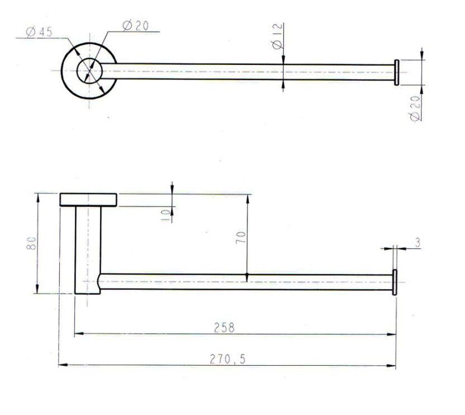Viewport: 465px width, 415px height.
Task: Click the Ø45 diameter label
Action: coord(39,32)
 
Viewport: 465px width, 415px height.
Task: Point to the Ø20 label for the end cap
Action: coord(415,109)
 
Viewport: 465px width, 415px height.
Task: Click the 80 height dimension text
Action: coord(32,243)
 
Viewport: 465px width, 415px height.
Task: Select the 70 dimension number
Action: coord(240,238)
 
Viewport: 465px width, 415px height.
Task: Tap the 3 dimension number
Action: coord(417,242)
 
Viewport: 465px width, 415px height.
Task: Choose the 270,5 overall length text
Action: coord(227,359)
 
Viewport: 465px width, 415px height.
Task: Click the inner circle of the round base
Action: coord(88,71)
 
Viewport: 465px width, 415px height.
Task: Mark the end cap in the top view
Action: coord(396,72)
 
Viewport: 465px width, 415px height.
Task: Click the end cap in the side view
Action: coord(395,282)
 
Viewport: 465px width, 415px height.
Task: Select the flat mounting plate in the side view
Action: coord(88,200)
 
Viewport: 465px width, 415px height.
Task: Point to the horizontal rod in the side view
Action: coord(246,282)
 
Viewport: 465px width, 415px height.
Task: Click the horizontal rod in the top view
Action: coord(246,72)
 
